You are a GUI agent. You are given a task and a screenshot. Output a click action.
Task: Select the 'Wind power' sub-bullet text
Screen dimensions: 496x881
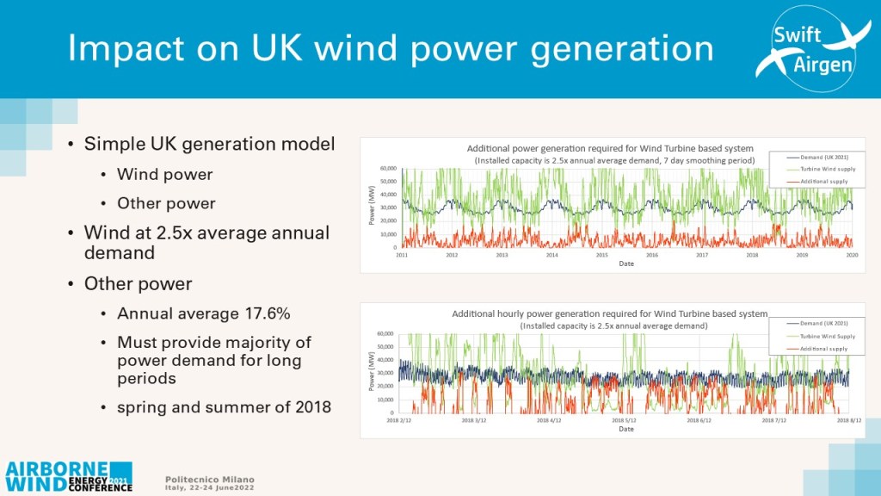tap(164, 175)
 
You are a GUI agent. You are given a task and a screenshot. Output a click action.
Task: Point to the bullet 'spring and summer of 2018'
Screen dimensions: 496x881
tap(224, 406)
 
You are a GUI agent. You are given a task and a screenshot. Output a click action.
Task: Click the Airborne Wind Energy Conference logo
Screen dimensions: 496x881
tap(69, 475)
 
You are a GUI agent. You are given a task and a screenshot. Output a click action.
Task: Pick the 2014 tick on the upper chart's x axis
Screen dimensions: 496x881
tap(551, 256)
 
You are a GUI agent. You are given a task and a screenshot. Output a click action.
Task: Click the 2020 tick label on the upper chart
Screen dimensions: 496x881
tap(852, 256)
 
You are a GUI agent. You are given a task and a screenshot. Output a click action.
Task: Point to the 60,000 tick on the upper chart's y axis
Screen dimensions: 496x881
tap(386, 169)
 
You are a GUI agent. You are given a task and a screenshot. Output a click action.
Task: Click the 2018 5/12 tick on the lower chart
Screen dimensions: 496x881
tap(625, 422)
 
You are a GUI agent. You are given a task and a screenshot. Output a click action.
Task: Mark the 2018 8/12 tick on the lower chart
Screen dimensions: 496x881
tap(850, 422)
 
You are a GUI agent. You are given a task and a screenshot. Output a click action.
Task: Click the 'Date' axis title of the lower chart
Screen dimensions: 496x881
tap(625, 429)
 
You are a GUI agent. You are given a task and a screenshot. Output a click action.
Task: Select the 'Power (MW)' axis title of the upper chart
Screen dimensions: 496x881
tap(369, 208)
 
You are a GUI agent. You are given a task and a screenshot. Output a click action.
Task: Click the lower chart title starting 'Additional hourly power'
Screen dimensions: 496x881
tap(609, 314)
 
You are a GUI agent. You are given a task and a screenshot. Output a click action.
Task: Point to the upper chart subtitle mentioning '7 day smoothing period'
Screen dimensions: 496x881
tap(614, 160)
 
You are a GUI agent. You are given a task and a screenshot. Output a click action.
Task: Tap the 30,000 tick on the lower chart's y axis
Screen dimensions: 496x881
tap(387, 373)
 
